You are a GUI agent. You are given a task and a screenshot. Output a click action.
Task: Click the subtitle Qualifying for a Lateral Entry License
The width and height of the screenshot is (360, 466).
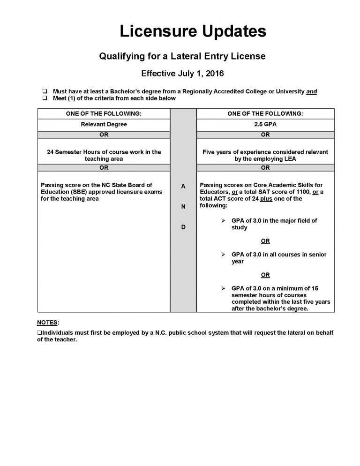click(x=182, y=56)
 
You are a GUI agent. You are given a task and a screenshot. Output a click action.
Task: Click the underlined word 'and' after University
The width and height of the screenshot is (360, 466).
click(x=311, y=91)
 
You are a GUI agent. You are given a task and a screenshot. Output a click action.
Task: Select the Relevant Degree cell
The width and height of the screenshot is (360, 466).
click(x=104, y=124)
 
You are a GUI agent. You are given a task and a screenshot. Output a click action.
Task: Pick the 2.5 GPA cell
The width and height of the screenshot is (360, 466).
click(x=265, y=124)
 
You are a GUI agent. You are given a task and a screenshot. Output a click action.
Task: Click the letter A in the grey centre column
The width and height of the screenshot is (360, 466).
click(x=183, y=186)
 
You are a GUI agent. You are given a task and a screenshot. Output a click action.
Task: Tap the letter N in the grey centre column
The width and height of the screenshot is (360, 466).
click(x=183, y=206)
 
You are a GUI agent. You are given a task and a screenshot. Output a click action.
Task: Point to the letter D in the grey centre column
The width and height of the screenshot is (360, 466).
click(x=183, y=227)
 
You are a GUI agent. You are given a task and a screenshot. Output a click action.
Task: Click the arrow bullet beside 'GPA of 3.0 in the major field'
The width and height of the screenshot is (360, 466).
click(x=224, y=220)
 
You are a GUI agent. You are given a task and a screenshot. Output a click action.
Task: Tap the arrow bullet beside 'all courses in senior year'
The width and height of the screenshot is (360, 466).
click(x=224, y=255)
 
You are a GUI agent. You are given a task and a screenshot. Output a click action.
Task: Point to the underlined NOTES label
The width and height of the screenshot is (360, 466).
click(x=48, y=323)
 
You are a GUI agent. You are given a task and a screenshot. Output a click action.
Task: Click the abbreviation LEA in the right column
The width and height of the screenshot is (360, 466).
click(x=290, y=159)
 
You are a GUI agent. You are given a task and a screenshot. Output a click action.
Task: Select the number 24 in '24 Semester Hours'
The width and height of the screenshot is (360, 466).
click(x=51, y=152)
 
